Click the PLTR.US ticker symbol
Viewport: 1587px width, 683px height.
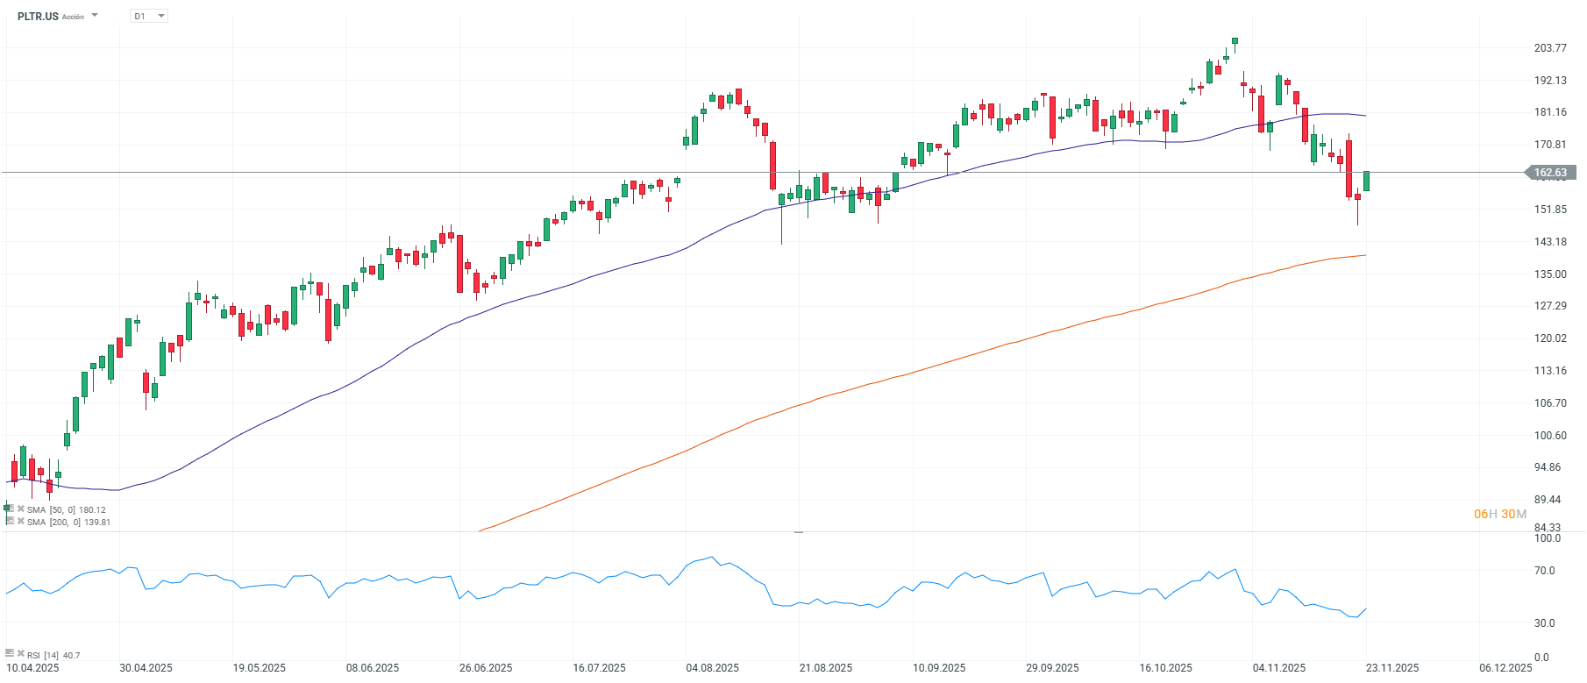pyautogui.click(x=38, y=16)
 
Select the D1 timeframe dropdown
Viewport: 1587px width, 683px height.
pyautogui.click(x=148, y=16)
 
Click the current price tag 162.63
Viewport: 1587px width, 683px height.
pyautogui.click(x=1550, y=173)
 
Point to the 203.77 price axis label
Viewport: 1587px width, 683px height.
pyautogui.click(x=1550, y=48)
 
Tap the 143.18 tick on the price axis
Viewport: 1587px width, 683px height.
pyautogui.click(x=1550, y=242)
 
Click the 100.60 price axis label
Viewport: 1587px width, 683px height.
pyautogui.click(x=1550, y=436)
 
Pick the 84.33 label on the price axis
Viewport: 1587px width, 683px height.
pyautogui.click(x=1548, y=528)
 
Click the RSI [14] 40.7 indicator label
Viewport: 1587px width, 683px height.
pyautogui.click(x=53, y=655)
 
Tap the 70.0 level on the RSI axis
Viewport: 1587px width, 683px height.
pyautogui.click(x=1544, y=571)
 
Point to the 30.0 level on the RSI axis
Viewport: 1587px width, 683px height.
pyautogui.click(x=1544, y=623)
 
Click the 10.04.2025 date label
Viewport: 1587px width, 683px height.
pyautogui.click(x=33, y=668)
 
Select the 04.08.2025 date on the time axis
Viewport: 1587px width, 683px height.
pyautogui.click(x=712, y=668)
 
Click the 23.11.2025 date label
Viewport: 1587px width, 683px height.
pyautogui.click(x=1392, y=668)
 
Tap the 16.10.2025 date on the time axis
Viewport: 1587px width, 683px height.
pyautogui.click(x=1165, y=668)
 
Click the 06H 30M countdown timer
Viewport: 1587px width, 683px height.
pyautogui.click(x=1499, y=514)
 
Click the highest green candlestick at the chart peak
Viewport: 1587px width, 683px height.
pyautogui.click(x=1235, y=40)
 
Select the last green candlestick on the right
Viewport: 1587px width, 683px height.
pyautogui.click(x=1366, y=181)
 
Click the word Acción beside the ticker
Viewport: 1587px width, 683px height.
pyautogui.click(x=74, y=17)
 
